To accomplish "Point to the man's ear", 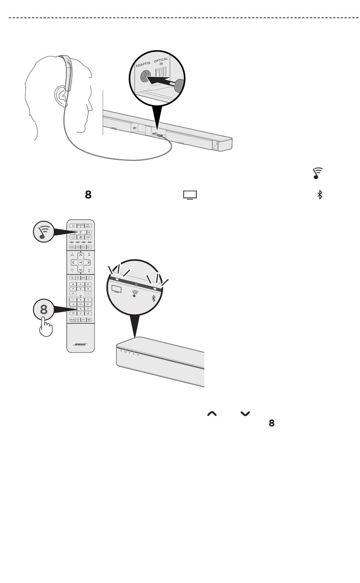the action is coord(61,95).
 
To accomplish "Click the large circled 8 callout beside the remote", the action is coord(44,310).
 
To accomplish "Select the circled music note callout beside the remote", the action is coord(43,232).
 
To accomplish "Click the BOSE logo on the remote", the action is coord(80,344).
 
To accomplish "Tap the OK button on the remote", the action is coord(81,262).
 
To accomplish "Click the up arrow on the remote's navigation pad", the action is coord(81,255).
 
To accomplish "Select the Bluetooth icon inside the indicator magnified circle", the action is coord(154,298).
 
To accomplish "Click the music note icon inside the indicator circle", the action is coord(134,293).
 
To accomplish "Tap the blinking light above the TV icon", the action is coord(117,279).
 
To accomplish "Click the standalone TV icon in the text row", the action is coord(190,195).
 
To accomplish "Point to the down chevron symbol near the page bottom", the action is coord(245,414).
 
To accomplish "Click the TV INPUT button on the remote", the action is coord(88,226).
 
